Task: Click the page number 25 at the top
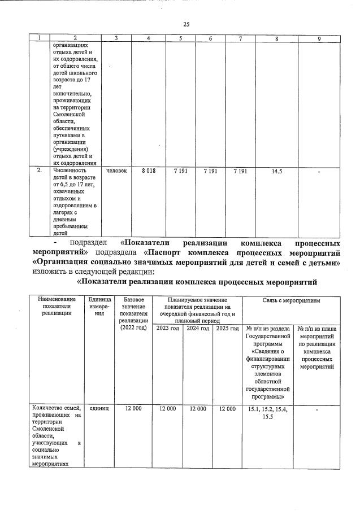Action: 186,24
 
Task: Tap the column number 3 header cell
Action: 115,38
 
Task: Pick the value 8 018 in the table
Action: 148,170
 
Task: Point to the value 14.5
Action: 276,170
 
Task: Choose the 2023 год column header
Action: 168,328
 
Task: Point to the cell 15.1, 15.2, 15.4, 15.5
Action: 268,412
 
